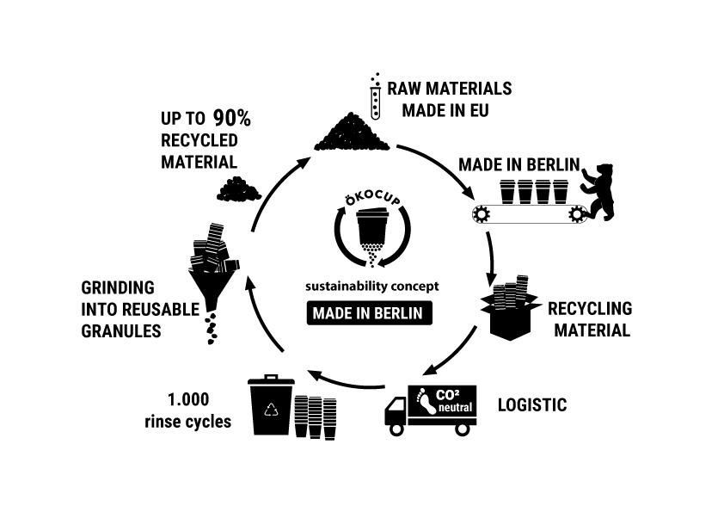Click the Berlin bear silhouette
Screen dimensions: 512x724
pyautogui.click(x=598, y=190)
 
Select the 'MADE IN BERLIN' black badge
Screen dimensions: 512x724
pyautogui.click(x=368, y=313)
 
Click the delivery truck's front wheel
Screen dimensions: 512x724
pyautogui.click(x=396, y=427)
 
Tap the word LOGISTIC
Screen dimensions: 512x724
pyautogui.click(x=532, y=404)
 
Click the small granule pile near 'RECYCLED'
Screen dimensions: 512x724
pyautogui.click(x=238, y=189)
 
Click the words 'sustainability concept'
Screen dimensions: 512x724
pyautogui.click(x=367, y=286)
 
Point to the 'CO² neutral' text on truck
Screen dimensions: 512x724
pyautogui.click(x=455, y=400)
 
